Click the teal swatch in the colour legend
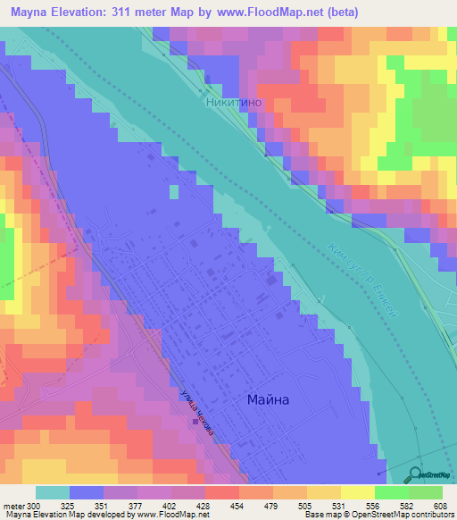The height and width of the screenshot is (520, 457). (53, 492)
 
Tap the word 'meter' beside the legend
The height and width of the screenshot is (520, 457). (12, 507)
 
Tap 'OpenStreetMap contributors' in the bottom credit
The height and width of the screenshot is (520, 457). (408, 516)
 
